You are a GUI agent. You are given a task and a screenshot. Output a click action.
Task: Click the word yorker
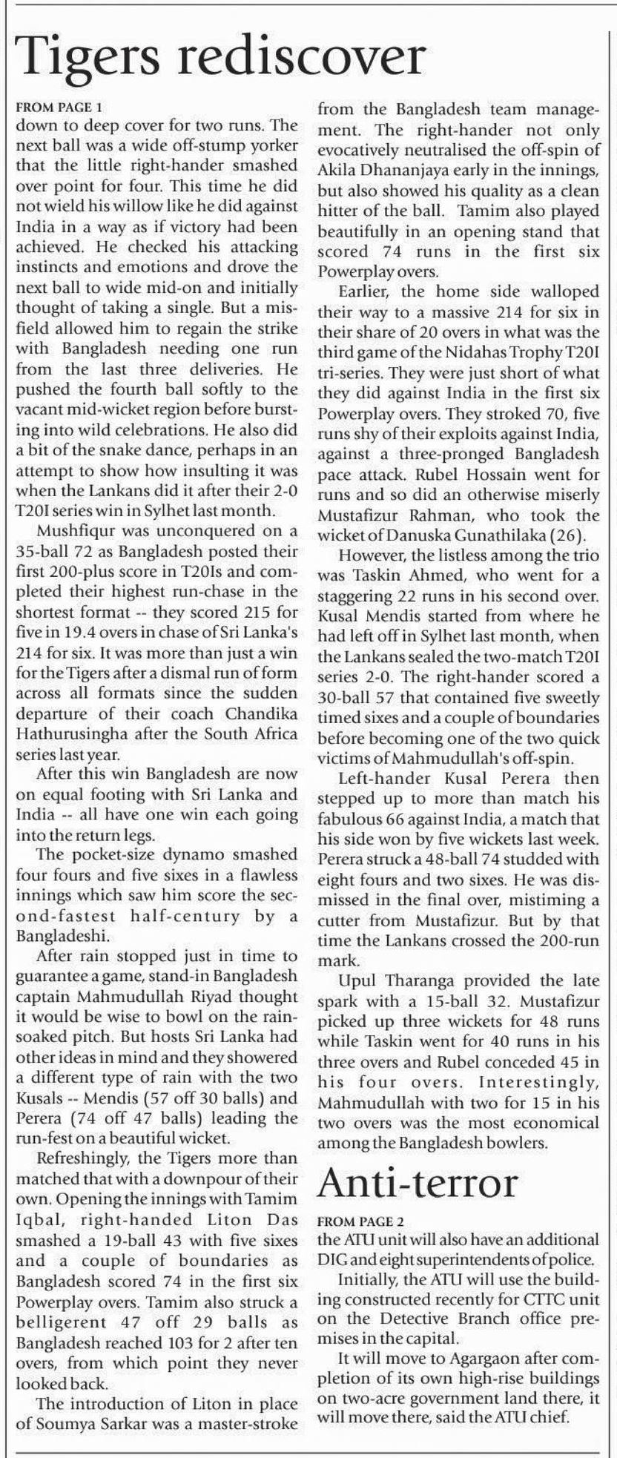[276, 145]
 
